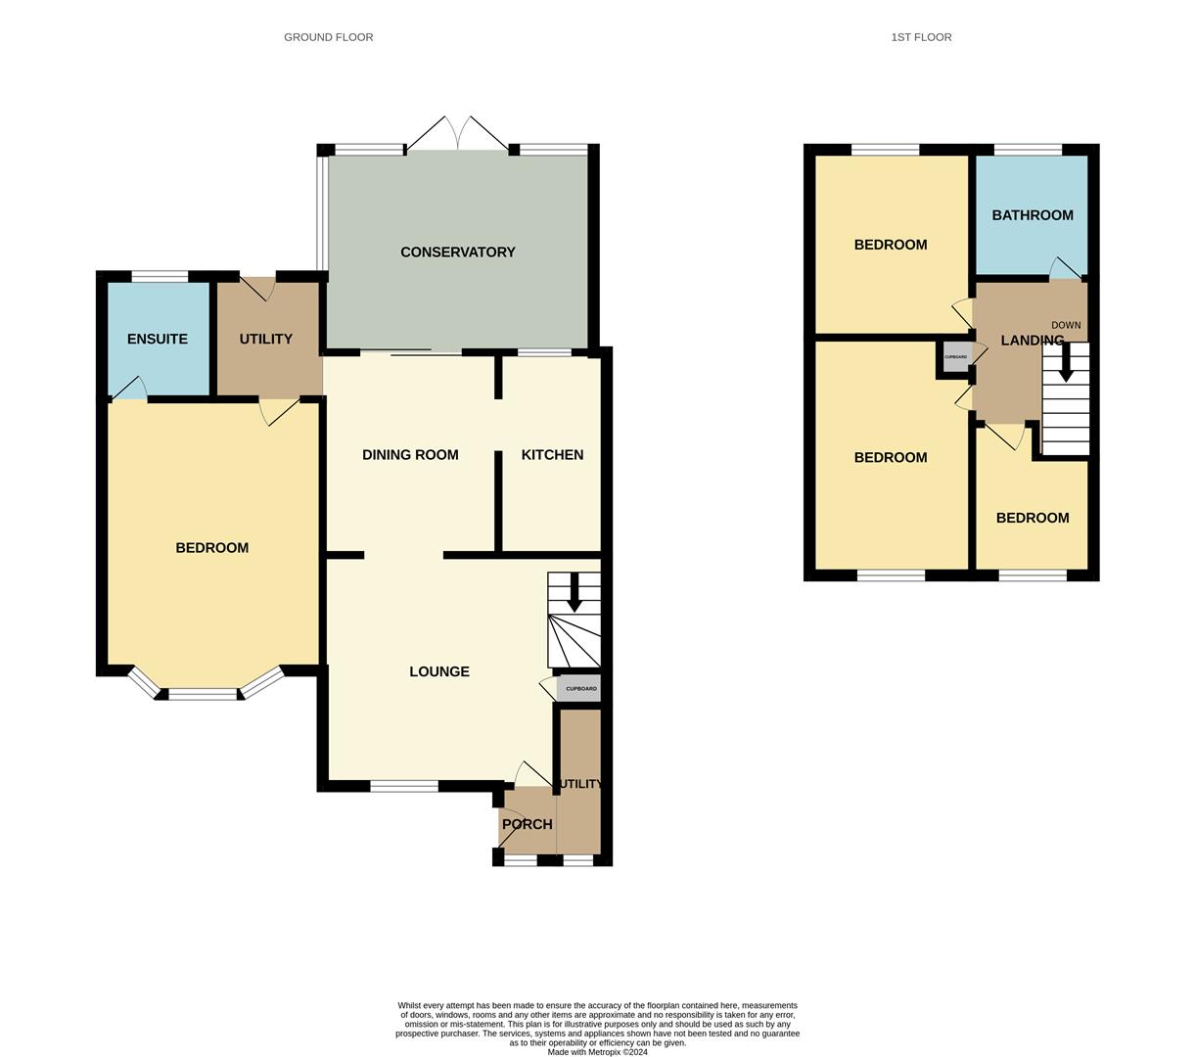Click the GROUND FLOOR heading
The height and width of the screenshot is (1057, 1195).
tap(328, 37)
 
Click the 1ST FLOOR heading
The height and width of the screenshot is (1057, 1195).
tap(921, 37)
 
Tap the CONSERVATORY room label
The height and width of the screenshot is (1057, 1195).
tap(457, 253)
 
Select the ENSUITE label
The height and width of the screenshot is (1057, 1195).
tap(158, 340)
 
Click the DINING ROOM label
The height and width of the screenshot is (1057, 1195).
tap(410, 455)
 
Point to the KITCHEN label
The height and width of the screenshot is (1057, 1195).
tap(552, 455)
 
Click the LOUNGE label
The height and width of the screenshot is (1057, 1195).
tap(439, 672)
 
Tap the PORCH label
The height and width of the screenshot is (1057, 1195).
tap(527, 825)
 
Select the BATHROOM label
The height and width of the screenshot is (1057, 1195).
tap(1033, 215)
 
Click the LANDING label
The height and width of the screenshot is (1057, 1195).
tap(1032, 341)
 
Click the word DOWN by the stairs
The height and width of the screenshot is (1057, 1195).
tap(1066, 325)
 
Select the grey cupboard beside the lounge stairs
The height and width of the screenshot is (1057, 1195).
tap(579, 689)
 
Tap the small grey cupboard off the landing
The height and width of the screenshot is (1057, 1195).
tap(955, 357)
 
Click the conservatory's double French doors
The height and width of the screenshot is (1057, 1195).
tap(457, 134)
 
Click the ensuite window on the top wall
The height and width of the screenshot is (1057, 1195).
tap(160, 276)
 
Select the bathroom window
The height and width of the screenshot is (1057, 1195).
tap(1028, 150)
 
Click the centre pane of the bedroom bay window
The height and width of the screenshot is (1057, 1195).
tap(203, 695)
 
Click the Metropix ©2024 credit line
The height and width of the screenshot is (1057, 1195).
tap(597, 1052)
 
